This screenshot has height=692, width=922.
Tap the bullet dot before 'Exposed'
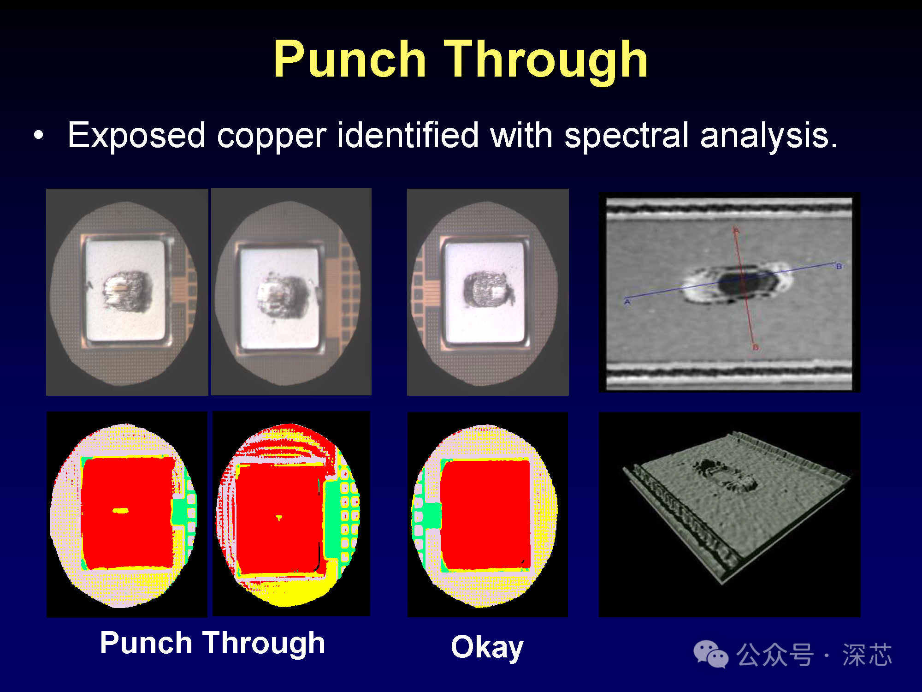click(x=39, y=135)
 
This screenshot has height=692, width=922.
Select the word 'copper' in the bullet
click(x=272, y=137)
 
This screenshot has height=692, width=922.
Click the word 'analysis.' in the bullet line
click(x=768, y=136)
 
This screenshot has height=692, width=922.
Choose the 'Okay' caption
click(x=487, y=647)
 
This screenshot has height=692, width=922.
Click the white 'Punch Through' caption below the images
click(x=213, y=643)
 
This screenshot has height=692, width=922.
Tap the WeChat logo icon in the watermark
click(x=710, y=654)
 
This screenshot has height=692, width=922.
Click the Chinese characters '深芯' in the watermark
click(x=867, y=655)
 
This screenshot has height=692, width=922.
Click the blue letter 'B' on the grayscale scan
click(x=839, y=266)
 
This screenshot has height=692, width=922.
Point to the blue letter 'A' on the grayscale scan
click(x=627, y=302)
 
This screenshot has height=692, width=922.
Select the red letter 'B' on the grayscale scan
click(x=756, y=347)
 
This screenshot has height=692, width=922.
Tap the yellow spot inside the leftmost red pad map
click(x=121, y=510)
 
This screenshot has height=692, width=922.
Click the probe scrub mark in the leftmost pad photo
click(x=126, y=291)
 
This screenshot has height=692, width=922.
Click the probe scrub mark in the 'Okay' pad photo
click(x=487, y=289)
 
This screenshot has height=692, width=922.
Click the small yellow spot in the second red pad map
click(x=279, y=518)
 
